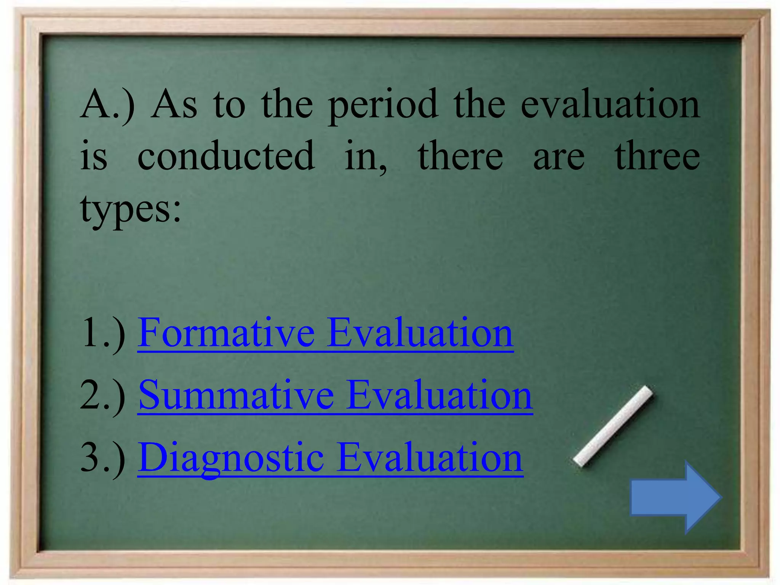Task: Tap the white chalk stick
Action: [613, 426]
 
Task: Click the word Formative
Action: [226, 333]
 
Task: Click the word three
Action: [657, 156]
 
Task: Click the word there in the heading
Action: [460, 156]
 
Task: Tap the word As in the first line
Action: [175, 105]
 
